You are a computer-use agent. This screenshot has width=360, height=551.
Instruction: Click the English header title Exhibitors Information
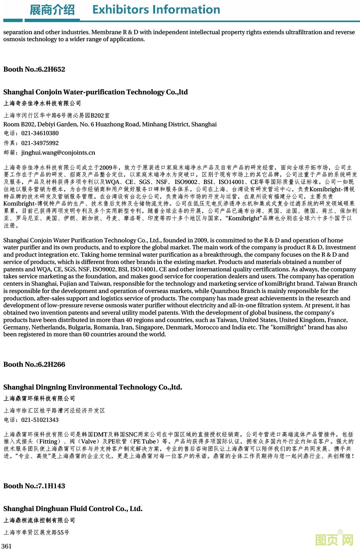click(x=156, y=10)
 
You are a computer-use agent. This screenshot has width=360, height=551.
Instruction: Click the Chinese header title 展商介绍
click(x=52, y=10)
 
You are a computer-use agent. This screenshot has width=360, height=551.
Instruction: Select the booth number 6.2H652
click(x=51, y=69)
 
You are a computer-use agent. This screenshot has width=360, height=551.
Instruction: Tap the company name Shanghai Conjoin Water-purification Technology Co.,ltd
click(x=96, y=92)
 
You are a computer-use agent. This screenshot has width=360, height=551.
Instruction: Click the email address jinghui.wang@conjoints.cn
click(x=58, y=153)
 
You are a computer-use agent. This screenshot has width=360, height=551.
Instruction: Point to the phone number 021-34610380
click(x=40, y=133)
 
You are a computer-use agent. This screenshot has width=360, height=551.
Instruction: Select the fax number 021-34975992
click(x=40, y=143)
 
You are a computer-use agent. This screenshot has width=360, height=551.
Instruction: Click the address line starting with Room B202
click(x=110, y=124)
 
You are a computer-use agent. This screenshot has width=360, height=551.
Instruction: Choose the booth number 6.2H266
click(x=51, y=365)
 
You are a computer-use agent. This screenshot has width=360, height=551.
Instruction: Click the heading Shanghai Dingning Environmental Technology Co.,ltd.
click(x=93, y=387)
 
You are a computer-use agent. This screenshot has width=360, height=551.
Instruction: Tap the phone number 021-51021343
click(x=40, y=420)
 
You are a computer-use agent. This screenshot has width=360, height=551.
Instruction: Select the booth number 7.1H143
click(x=51, y=486)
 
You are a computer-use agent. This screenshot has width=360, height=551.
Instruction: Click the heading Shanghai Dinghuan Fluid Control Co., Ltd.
click(x=73, y=509)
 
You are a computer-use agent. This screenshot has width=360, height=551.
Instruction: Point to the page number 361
click(x=7, y=546)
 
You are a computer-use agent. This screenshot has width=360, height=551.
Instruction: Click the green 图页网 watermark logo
click(x=334, y=540)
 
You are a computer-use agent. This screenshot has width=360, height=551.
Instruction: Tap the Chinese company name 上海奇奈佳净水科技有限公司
click(x=42, y=104)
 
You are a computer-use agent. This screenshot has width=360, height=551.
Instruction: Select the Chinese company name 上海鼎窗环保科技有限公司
click(x=39, y=399)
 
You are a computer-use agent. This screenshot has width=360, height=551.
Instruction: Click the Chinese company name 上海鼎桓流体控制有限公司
click(x=39, y=521)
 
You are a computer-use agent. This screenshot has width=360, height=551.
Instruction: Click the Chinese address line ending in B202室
click(x=57, y=115)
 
